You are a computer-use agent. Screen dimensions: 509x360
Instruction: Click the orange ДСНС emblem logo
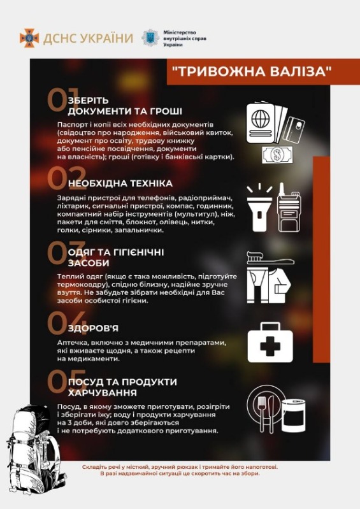tap(29, 38)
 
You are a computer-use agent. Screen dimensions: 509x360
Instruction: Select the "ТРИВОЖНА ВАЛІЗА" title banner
tap(252, 71)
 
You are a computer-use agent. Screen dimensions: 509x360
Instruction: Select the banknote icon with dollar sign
tap(277, 154)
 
